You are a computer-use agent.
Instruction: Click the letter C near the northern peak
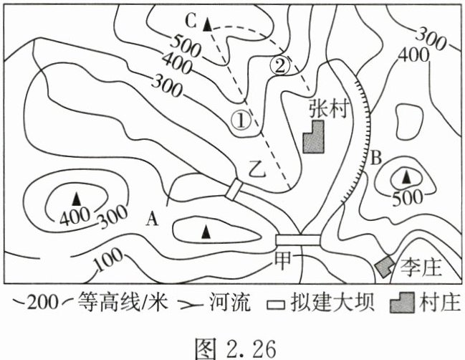pos(191,19)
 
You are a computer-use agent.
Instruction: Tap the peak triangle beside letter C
pos(208,24)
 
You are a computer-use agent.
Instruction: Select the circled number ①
pos(244,120)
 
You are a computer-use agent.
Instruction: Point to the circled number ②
pos(282,65)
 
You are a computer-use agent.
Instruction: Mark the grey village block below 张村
pos(314,137)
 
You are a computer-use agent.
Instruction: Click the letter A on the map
pos(151,218)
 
